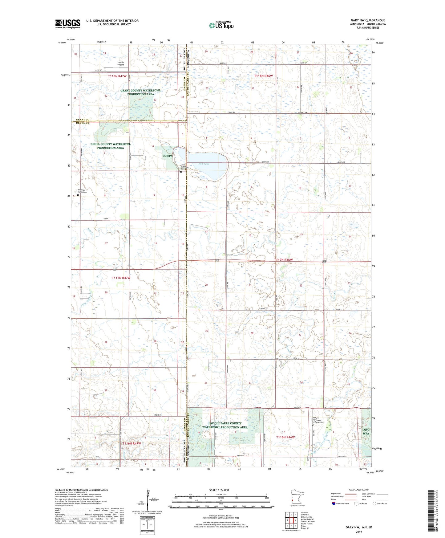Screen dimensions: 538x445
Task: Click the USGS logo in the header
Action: [68, 23]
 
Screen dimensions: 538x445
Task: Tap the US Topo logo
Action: [221, 25]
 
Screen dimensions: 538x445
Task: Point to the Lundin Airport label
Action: [121, 63]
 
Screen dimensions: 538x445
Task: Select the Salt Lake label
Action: [204, 164]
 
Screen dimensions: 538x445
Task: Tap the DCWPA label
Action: [167, 156]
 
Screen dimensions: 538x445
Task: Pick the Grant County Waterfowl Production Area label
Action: [140, 92]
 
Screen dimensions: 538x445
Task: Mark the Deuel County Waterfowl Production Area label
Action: [111, 146]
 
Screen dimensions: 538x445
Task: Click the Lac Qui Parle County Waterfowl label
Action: [225, 425]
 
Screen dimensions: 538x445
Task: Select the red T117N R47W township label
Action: [121, 278]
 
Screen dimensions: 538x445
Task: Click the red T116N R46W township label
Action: [285, 437]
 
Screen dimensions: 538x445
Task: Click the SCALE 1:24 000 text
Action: [219, 490]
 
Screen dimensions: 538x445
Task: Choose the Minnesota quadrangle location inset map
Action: [297, 498]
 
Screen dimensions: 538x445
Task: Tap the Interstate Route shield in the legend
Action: [334, 504]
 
